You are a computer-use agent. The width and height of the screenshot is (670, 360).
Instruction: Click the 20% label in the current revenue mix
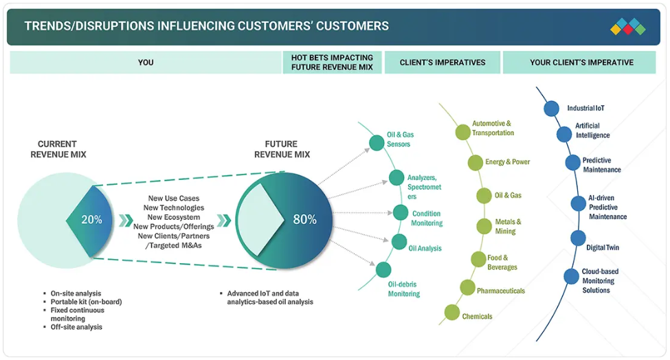click(92, 219)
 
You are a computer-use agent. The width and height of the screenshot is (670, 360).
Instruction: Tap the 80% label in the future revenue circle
click(304, 219)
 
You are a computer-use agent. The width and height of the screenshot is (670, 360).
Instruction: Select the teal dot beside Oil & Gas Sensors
click(377, 143)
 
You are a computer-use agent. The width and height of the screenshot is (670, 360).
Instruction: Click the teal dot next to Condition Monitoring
click(401, 212)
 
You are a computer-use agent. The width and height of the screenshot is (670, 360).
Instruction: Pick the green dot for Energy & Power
click(475, 163)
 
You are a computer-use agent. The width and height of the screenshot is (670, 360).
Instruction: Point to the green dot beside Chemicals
click(451, 312)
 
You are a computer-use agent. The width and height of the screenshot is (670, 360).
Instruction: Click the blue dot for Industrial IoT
click(552, 109)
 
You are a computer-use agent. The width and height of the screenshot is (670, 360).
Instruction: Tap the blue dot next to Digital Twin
click(578, 238)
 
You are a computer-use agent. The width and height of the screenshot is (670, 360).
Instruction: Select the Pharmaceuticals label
click(501, 291)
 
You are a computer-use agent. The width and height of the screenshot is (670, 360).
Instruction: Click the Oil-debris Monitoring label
click(404, 289)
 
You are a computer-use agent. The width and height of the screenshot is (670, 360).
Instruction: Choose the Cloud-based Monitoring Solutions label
click(600, 280)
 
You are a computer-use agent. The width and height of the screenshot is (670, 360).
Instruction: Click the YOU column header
click(146, 63)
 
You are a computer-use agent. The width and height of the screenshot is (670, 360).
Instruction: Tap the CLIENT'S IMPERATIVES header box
click(443, 63)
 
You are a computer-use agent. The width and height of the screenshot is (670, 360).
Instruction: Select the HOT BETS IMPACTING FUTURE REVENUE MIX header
click(332, 63)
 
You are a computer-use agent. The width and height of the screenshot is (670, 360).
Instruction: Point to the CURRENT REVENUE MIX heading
click(58, 149)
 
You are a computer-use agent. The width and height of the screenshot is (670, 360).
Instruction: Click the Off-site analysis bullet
click(76, 327)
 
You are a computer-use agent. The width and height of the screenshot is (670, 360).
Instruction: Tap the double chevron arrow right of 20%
click(126, 221)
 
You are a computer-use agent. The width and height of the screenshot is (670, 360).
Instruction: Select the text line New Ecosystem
click(173, 217)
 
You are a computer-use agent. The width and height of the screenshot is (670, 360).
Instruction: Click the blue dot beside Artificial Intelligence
click(564, 135)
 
